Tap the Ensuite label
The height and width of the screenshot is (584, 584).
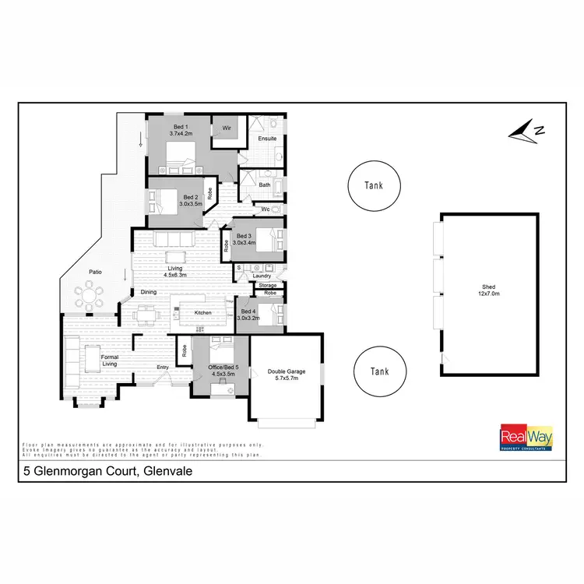[x=268, y=139]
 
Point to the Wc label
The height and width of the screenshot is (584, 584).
[x=265, y=209]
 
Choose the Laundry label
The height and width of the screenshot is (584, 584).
[x=262, y=276]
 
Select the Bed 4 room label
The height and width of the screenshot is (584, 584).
[x=248, y=311]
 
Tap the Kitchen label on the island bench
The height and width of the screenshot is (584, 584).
[x=203, y=312]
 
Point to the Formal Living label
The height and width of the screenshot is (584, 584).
[x=110, y=359]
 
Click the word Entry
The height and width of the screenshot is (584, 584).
[x=163, y=367]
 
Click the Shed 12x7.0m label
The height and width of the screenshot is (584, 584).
[x=488, y=290]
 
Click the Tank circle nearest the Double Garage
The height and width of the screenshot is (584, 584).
[x=379, y=371]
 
